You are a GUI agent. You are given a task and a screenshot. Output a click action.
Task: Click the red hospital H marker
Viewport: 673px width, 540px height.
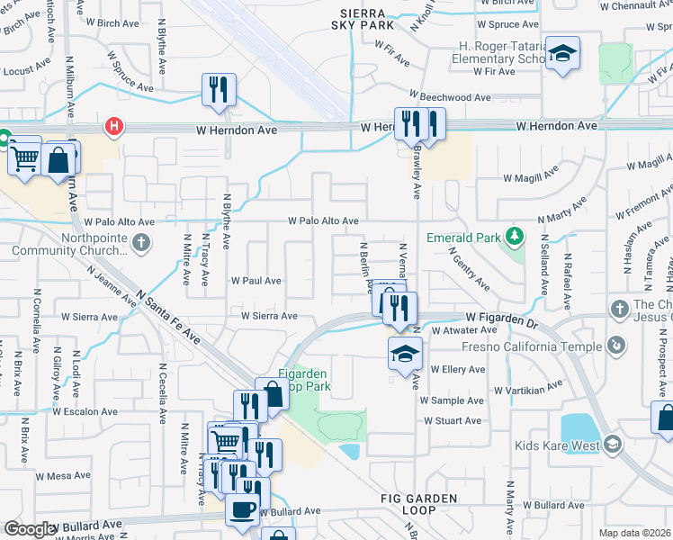click(114, 127)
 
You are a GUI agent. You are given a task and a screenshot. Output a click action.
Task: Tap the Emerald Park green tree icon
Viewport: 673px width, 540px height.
click(514, 237)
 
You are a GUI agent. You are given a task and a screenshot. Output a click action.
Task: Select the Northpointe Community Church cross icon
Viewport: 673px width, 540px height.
click(140, 242)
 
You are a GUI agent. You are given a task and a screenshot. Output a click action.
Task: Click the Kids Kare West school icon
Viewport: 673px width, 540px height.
click(613, 445)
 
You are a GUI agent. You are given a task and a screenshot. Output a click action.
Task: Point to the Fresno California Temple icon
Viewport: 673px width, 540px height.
click(616, 345)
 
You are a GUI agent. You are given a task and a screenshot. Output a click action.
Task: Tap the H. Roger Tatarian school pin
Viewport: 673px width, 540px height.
click(562, 54)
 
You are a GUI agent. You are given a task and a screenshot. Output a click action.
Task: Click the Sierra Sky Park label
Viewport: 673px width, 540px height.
click(364, 20)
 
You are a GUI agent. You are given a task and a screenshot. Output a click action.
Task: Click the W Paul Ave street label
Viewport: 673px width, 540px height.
click(256, 281)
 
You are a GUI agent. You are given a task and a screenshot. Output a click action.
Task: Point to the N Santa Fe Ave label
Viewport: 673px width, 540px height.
click(168, 316)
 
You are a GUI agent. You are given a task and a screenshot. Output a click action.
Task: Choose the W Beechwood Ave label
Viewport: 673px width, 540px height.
click(449, 97)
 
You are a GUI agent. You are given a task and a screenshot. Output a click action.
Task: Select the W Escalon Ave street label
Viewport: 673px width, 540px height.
click(85, 412)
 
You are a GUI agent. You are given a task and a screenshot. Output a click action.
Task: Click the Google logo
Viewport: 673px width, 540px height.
click(30, 529)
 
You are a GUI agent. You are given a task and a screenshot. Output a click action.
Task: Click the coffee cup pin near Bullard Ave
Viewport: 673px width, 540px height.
click(242, 509)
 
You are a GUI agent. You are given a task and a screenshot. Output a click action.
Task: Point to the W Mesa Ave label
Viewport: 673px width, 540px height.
click(64, 476)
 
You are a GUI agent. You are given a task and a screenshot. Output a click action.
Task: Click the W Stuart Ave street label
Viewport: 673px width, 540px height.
click(453, 420)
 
